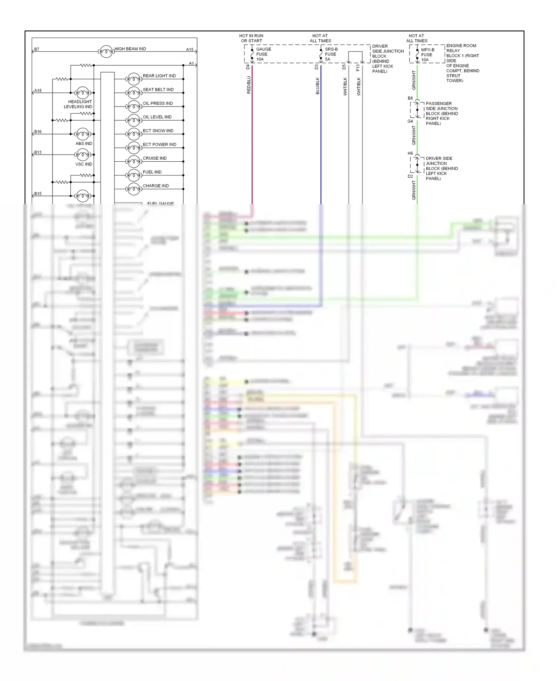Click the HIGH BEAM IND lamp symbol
point(106,51)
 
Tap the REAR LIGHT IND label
point(159,76)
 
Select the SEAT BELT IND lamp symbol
point(133,92)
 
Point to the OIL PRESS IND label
point(158,104)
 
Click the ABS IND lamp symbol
point(82,134)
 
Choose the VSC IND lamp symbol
point(82,155)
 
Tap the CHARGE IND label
point(155,186)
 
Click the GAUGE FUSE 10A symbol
point(252,54)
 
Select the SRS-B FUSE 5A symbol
point(321,54)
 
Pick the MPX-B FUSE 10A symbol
point(417,55)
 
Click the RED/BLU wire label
point(249,85)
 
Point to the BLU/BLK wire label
point(318,86)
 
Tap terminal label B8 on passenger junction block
point(410,98)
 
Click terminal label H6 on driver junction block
point(410,153)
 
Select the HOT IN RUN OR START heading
point(251,38)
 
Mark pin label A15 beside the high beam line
point(190,50)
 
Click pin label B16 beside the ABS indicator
point(38,132)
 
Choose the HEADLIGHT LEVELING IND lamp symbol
point(82,93)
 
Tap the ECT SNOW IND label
point(158,131)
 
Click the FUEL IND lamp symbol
point(133,175)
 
